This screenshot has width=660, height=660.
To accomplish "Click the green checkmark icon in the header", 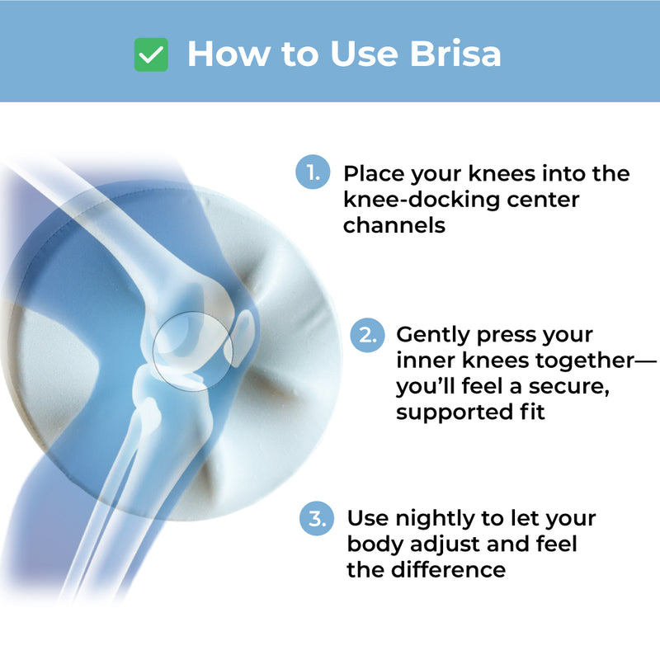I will coord(151,55).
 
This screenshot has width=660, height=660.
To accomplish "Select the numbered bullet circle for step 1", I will coord(312,174).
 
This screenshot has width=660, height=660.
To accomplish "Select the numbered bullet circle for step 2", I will coord(366,335).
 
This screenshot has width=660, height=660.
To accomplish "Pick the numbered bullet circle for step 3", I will coord(316,519).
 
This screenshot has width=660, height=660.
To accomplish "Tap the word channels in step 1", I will coord(394,225).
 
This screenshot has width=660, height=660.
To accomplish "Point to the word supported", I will coord(456,412).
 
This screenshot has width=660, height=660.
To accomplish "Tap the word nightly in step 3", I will coord(436,519).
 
